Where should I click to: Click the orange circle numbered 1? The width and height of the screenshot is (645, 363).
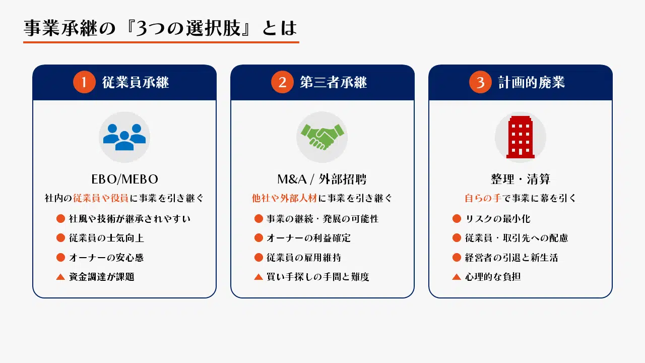[x=84, y=82]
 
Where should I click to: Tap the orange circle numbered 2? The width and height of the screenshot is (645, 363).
[x=282, y=82]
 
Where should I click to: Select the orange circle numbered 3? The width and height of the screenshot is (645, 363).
[x=480, y=82]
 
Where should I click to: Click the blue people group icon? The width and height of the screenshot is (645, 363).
[x=124, y=137]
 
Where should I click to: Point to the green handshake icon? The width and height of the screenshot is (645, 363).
[x=322, y=137]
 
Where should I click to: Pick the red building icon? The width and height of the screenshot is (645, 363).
[x=521, y=137]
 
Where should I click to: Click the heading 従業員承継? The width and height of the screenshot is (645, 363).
[x=136, y=82]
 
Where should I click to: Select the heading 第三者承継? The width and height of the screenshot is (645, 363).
[x=334, y=82]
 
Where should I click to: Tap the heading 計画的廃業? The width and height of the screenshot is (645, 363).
[x=532, y=82]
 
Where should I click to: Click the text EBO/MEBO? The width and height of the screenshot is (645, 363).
[x=124, y=179]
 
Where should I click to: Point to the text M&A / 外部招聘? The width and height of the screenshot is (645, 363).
[x=322, y=179]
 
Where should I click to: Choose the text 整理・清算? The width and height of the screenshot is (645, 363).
[x=521, y=179]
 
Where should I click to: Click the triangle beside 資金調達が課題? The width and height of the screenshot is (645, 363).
[x=60, y=277]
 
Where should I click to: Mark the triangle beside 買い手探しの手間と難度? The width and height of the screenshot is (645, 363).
[x=259, y=277]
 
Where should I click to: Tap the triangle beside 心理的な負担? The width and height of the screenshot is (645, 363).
[x=457, y=277]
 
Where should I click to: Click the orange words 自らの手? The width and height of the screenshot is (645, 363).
[x=483, y=198]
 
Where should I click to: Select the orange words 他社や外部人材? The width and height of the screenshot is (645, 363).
[x=285, y=198]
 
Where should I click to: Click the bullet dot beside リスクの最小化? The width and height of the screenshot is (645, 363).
[x=457, y=219]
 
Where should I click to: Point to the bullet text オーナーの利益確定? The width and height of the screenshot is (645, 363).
[x=309, y=238]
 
